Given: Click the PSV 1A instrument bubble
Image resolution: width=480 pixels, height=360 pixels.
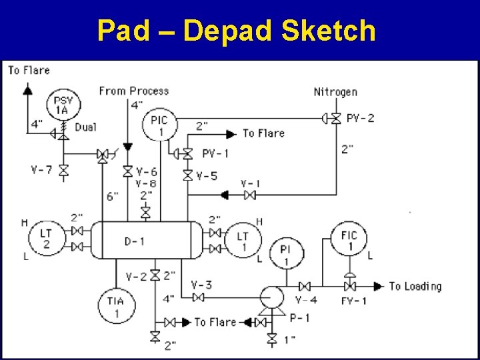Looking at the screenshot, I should (x=63, y=104).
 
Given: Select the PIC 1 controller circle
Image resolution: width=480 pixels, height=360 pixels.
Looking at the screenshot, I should (x=159, y=125).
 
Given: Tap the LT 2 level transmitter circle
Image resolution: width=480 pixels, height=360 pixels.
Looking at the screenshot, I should (x=46, y=238).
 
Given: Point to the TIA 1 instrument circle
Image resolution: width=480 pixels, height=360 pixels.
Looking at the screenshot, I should (x=114, y=306).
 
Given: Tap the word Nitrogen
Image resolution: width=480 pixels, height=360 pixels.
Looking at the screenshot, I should (x=335, y=91).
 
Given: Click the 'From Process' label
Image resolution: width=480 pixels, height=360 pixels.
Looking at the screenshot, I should (x=133, y=91).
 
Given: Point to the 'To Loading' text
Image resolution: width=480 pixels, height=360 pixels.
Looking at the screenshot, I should (x=415, y=286).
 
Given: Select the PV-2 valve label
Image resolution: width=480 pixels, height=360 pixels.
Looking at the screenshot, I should (x=361, y=118).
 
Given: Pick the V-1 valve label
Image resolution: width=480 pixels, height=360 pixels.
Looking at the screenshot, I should (x=251, y=183).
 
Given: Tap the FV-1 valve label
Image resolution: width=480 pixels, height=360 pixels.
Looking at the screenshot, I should (x=354, y=301).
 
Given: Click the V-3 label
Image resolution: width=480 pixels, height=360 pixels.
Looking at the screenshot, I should (x=201, y=285).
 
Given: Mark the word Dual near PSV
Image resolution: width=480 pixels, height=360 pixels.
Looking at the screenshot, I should (x=85, y=127).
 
